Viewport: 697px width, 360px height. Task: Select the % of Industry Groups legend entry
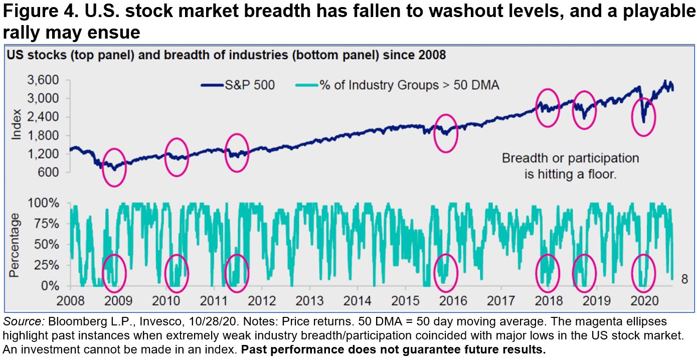tap(416, 85)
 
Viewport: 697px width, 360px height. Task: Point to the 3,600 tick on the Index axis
tap(48, 80)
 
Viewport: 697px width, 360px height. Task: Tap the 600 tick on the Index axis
tap(52, 172)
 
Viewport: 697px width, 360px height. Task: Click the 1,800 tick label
tap(48, 135)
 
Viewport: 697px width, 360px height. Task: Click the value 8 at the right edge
tap(684, 280)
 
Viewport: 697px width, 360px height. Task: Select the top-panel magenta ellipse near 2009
tap(114, 167)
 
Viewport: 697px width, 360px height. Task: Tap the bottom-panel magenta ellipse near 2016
tap(445, 273)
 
